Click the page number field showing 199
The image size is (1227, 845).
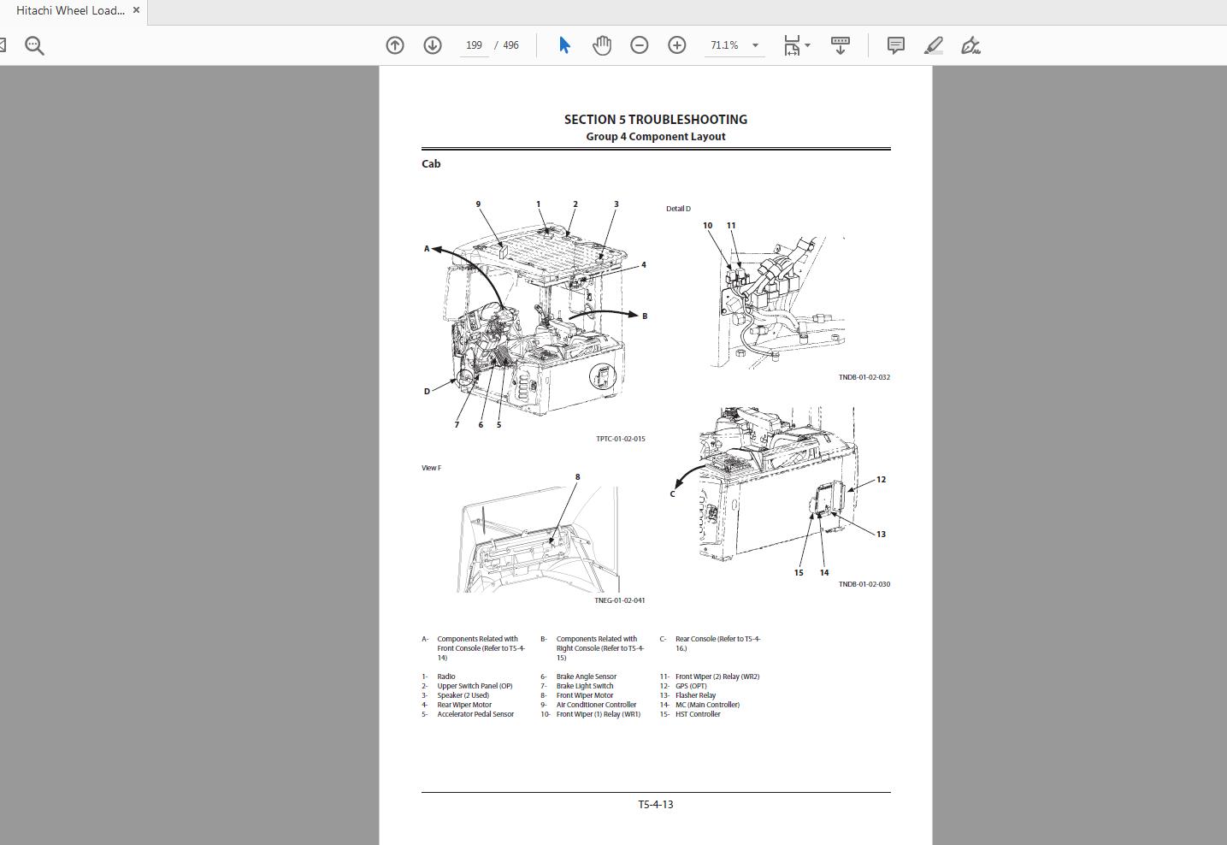pyautogui.click(x=475, y=45)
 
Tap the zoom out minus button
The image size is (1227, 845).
pyautogui.click(x=640, y=45)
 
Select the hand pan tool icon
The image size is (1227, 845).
pyautogui.click(x=602, y=45)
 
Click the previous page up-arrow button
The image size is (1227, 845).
pyautogui.click(x=395, y=45)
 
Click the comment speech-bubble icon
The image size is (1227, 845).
pyautogui.click(x=895, y=45)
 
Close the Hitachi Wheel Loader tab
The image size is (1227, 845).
pyautogui.click(x=136, y=10)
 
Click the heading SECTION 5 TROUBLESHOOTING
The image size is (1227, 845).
pyautogui.click(x=655, y=120)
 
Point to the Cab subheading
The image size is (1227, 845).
pyautogui.click(x=431, y=164)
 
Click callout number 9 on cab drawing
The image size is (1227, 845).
pyautogui.click(x=478, y=204)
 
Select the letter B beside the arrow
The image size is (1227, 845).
pyautogui.click(x=645, y=316)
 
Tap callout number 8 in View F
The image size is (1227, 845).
pyautogui.click(x=577, y=477)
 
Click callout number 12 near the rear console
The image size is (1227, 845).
pyautogui.click(x=881, y=480)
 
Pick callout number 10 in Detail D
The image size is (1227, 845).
pyautogui.click(x=707, y=226)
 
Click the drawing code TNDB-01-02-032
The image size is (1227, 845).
pyautogui.click(x=864, y=377)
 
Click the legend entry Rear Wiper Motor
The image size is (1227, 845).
pyautogui.click(x=463, y=705)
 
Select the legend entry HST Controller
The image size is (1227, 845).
pyautogui.click(x=698, y=714)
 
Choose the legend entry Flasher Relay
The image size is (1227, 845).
pyautogui.click(x=695, y=695)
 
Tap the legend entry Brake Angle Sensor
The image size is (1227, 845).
pyautogui.click(x=586, y=677)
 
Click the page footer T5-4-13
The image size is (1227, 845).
pyautogui.click(x=655, y=805)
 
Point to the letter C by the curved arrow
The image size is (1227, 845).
pyautogui.click(x=673, y=493)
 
